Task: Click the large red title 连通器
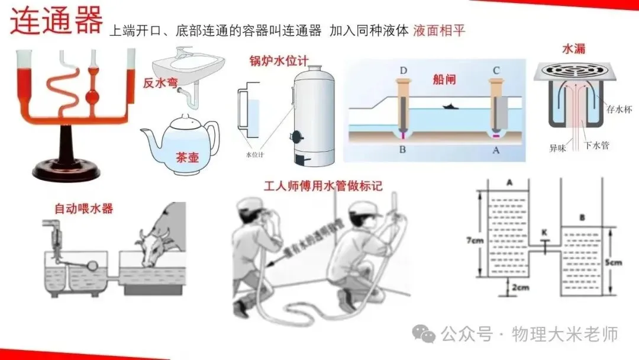point(56,22)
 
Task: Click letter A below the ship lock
point(496,150)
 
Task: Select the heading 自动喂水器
point(83,208)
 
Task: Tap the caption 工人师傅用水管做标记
point(323,186)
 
